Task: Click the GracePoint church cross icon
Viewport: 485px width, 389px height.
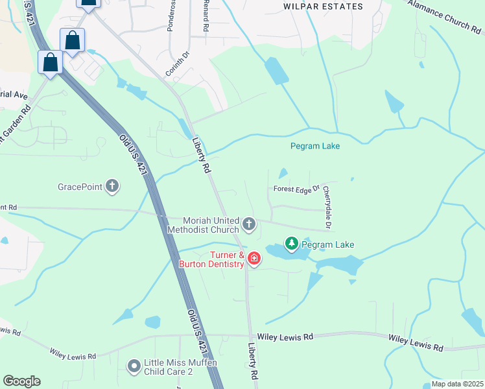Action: point(112,187)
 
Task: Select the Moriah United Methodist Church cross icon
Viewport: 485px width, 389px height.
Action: point(248,225)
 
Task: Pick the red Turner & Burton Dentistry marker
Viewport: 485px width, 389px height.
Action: point(254,259)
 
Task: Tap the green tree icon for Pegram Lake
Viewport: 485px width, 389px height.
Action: point(292,244)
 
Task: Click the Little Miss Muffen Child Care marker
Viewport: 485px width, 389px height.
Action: point(134,367)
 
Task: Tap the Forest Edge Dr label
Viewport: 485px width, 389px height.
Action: point(297,189)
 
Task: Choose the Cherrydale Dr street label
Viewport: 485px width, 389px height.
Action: point(327,208)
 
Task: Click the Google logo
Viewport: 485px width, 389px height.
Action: point(21,381)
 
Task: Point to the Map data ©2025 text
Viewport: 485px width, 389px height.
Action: point(456,384)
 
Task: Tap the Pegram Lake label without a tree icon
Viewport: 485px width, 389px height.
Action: point(314,146)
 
